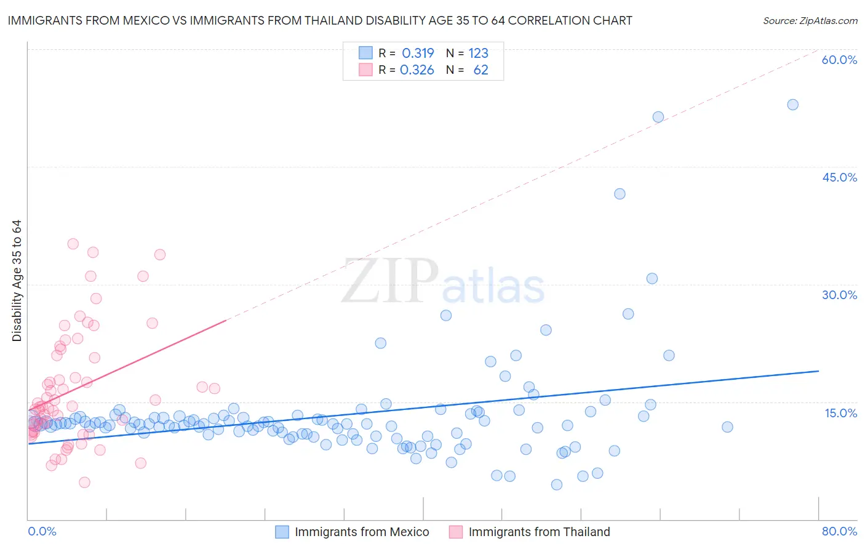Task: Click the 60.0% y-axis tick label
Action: click(839, 60)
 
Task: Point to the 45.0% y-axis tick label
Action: click(839, 177)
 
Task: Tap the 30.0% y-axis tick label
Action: click(839, 295)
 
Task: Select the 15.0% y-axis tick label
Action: click(840, 413)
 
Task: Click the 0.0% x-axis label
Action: click(42, 531)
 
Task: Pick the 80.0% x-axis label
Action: click(839, 531)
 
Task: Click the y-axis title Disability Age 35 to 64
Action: click(17, 281)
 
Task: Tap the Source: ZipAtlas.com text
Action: click(810, 20)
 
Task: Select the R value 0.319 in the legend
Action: click(418, 53)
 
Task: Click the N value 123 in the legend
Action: click(478, 53)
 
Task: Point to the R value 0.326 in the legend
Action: click(417, 70)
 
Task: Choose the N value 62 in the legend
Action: click(480, 70)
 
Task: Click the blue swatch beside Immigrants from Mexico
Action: click(282, 532)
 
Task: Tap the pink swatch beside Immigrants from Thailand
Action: click(455, 532)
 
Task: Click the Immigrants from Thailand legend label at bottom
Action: click(539, 532)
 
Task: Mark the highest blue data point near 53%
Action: click(792, 105)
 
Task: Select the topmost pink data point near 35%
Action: click(73, 244)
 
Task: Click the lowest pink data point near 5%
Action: click(84, 482)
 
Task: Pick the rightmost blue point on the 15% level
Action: click(727, 427)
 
